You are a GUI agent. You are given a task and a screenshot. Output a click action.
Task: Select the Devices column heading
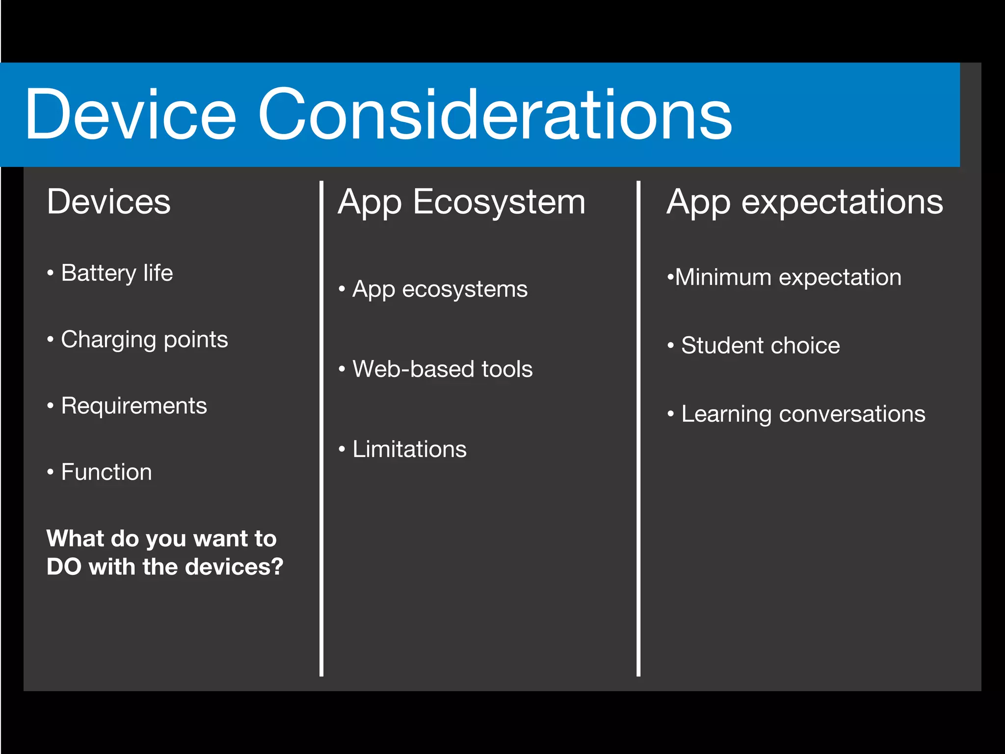[108, 202]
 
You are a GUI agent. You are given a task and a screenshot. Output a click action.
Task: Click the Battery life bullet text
[117, 273]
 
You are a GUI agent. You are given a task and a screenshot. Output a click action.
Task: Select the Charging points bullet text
[144, 340]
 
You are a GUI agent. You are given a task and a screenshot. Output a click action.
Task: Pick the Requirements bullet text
[134, 406]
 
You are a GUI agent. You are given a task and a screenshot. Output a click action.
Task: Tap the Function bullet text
[106, 472]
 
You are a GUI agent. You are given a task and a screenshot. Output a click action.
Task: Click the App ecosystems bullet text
[440, 289]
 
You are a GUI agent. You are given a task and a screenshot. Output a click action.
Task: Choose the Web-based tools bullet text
[442, 369]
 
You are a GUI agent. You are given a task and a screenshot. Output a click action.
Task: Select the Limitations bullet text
[409, 450]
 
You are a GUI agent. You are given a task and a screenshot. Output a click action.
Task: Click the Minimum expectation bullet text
[788, 278]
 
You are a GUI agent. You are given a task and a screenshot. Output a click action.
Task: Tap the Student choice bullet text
[760, 346]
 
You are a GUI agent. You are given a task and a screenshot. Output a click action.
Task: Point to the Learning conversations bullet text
[803, 414]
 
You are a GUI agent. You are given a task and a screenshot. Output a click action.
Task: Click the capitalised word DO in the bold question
[64, 567]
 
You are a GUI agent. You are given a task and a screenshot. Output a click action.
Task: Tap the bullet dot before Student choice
[671, 346]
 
